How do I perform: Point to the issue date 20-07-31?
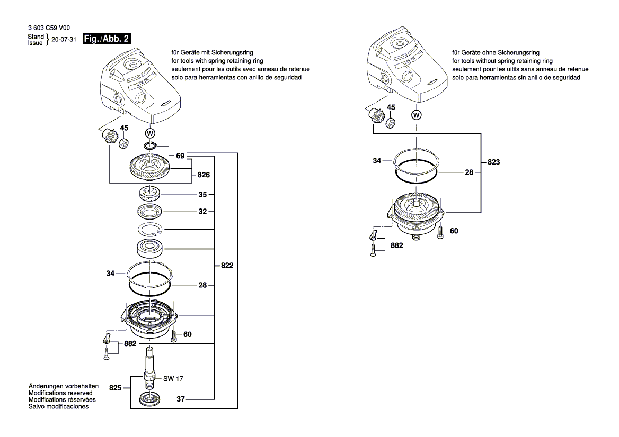pyautogui.click(x=65, y=40)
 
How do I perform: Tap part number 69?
pyautogui.click(x=180, y=156)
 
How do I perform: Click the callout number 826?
pyautogui.click(x=204, y=175)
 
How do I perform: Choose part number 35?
pyautogui.click(x=202, y=195)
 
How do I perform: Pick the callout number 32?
pyautogui.click(x=202, y=211)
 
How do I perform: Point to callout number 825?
pyautogui.click(x=116, y=388)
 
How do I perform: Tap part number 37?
pyautogui.click(x=180, y=399)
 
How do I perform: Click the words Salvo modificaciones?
pyautogui.click(x=58, y=407)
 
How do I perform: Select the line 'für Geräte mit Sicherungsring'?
pyautogui.click(x=212, y=53)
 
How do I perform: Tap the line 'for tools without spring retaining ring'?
pyautogui.click(x=502, y=61)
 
